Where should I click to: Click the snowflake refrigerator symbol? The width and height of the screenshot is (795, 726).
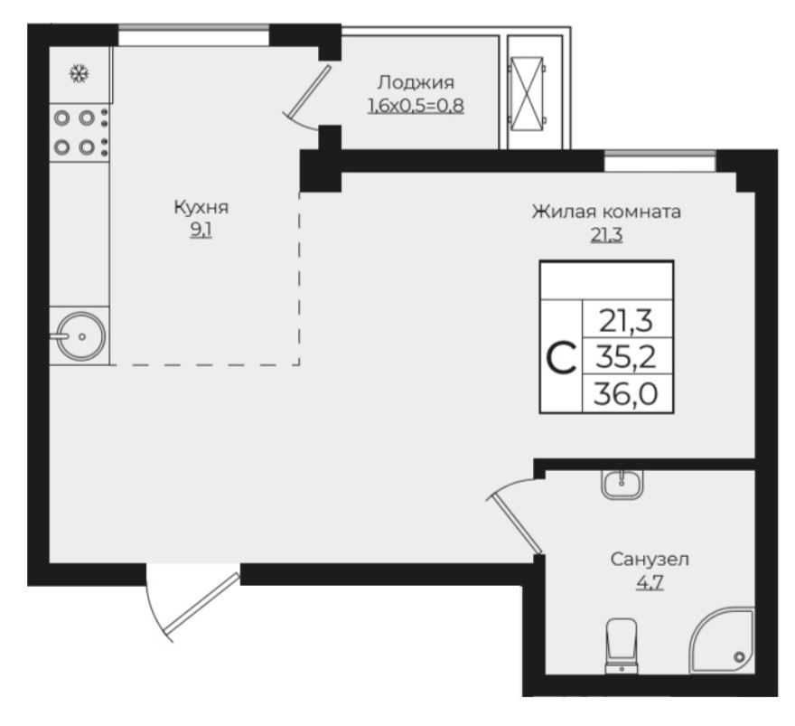point(79,74)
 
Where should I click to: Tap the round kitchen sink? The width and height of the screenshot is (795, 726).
point(81,336)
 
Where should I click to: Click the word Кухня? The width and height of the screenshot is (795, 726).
point(201,207)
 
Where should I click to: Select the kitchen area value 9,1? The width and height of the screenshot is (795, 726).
point(201,231)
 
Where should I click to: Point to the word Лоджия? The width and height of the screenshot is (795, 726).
point(416,82)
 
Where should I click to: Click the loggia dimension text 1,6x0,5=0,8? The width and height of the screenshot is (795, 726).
point(416,106)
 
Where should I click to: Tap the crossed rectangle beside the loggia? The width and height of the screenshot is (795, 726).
point(528,93)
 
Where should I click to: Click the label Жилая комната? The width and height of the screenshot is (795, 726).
point(606,212)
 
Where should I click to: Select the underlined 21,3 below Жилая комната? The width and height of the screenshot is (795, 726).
point(606,235)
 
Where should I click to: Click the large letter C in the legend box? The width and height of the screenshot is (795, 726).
point(562,358)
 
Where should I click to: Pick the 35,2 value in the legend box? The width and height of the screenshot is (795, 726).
point(626,357)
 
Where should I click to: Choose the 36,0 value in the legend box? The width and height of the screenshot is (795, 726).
point(626,393)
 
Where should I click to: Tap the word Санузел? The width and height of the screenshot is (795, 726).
point(650,560)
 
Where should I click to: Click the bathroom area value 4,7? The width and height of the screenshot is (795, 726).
point(650,583)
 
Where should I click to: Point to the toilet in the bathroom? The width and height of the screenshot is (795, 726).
point(622,646)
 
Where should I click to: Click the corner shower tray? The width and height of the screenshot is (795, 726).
point(723,640)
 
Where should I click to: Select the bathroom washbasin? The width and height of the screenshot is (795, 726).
point(622,484)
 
